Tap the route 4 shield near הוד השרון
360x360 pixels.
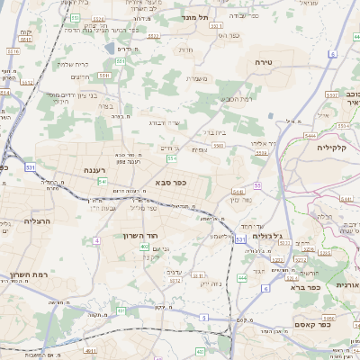click(x=120, y=309)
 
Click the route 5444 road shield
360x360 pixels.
click(x=310, y=136)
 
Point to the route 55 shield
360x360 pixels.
click(x=257, y=185)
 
